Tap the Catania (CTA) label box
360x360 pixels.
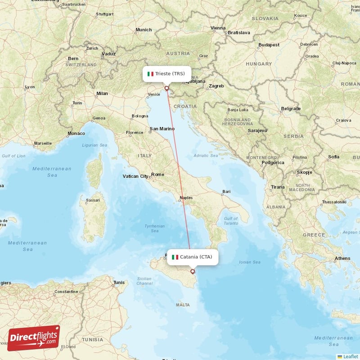point(192,257)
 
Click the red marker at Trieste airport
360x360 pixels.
point(167,88)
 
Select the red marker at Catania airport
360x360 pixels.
point(193,271)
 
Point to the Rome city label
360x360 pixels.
point(158,174)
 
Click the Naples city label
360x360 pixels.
point(186,198)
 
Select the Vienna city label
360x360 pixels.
point(218,28)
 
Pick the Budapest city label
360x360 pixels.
point(269,45)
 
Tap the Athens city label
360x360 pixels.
point(342,258)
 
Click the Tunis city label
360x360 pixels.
point(119,283)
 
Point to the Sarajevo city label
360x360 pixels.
point(257,130)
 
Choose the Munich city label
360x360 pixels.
point(144,30)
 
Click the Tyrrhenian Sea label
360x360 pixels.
point(154,229)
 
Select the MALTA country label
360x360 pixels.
point(183,305)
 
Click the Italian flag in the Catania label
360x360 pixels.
point(175,257)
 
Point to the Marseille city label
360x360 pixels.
point(43,144)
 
